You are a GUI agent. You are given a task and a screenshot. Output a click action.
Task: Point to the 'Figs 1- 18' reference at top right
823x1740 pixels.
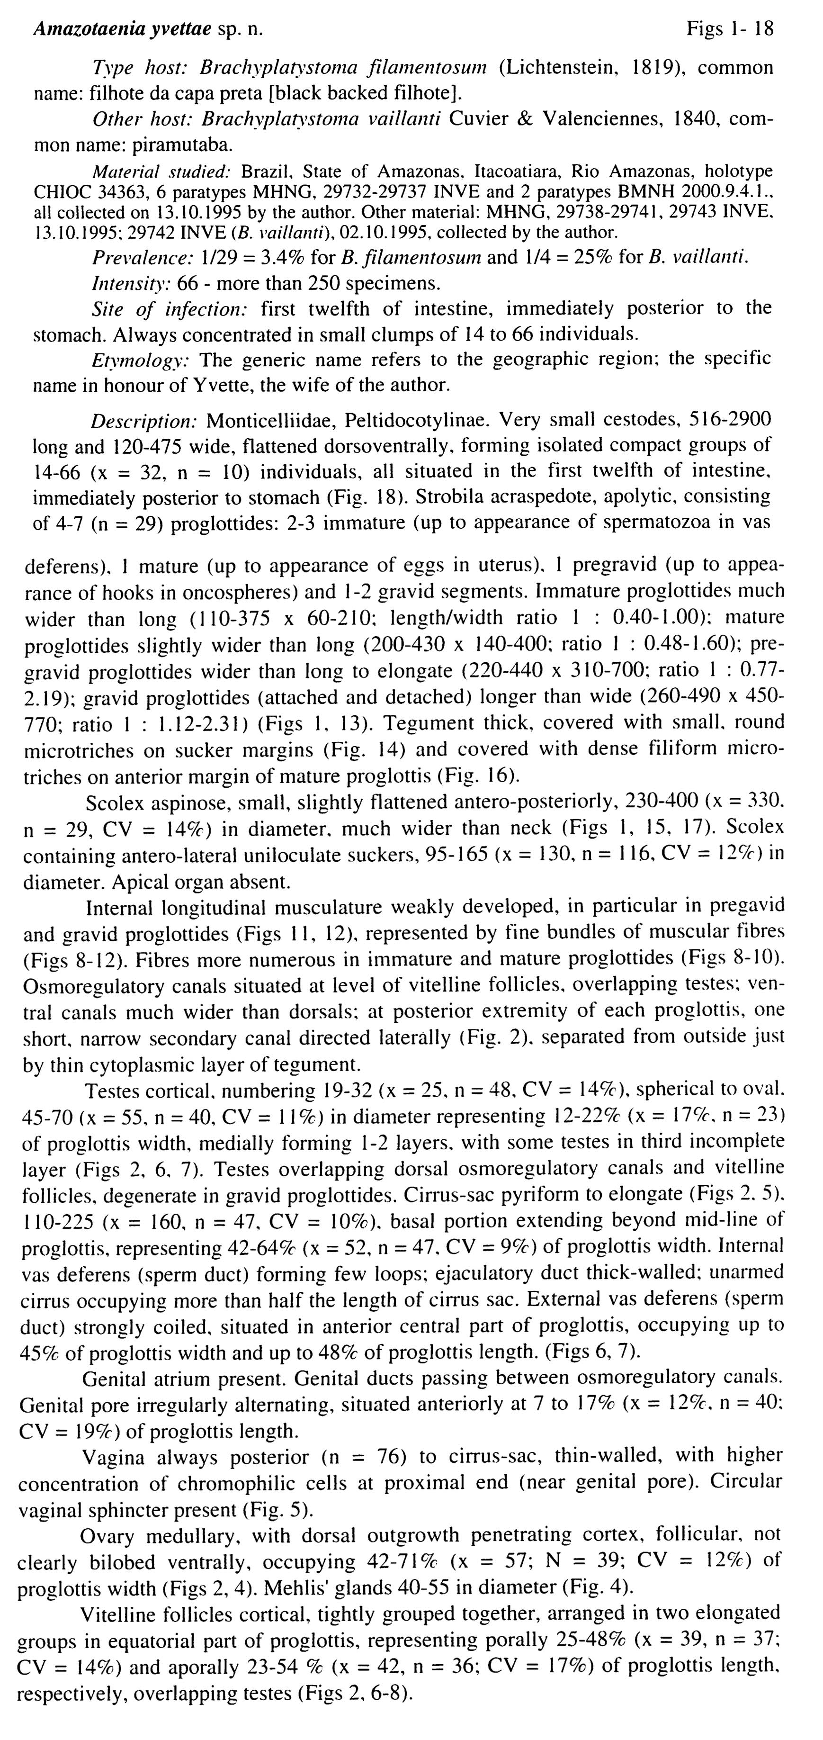(x=730, y=28)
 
